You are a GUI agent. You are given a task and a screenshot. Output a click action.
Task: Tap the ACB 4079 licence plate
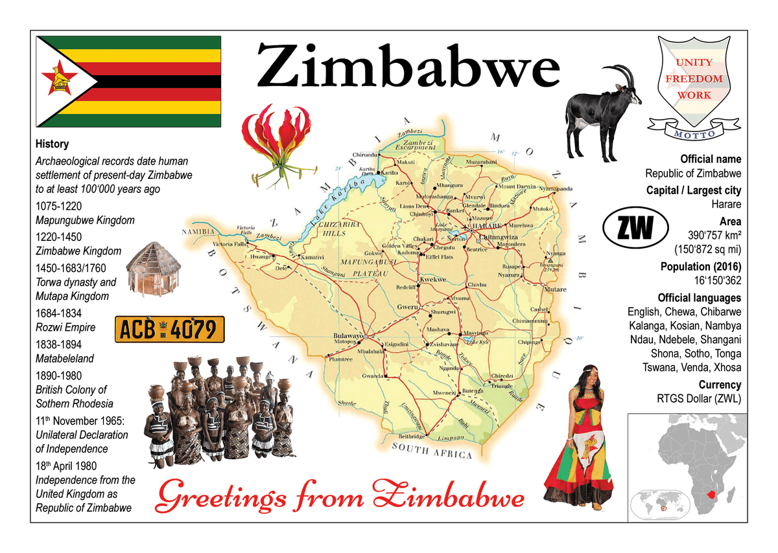coord(169,330)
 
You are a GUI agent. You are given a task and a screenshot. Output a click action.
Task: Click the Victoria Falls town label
coord(230,245)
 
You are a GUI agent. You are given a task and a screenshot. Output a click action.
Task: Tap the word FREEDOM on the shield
coord(694,78)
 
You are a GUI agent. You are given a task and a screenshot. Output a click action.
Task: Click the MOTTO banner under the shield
coord(694,133)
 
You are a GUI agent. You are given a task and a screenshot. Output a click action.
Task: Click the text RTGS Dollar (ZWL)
coord(699,399)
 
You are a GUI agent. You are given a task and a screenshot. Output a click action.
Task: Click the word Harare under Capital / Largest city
coord(726,205)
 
